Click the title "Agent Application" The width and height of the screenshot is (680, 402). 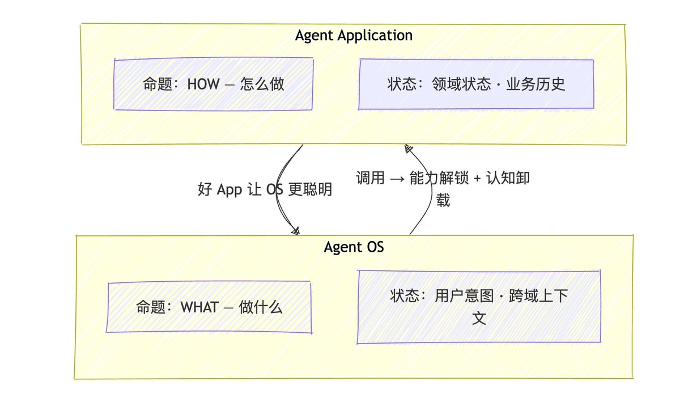354,35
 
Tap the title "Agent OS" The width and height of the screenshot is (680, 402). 354,247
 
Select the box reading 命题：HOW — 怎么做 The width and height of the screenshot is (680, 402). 213,84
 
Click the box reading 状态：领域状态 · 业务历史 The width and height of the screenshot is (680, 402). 476,84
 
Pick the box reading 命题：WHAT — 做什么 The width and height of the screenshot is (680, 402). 209,308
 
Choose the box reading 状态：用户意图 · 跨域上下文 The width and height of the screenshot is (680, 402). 479,307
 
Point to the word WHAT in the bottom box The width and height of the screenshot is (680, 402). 198,308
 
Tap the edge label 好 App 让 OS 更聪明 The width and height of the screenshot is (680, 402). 265,189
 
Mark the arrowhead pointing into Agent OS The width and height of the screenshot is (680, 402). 295,231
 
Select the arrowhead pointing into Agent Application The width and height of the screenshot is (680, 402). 407,149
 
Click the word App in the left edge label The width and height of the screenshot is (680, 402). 229,189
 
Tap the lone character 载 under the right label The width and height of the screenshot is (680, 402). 443,200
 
